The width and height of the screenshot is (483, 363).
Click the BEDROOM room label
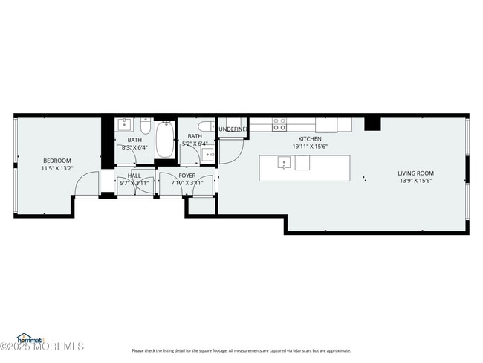56,161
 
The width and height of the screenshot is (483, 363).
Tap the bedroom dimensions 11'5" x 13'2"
56,168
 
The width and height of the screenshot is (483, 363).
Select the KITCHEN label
310,139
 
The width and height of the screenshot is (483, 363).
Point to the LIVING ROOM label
415,173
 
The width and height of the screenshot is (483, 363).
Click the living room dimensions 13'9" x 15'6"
415,181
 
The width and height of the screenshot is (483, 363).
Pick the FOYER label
187,176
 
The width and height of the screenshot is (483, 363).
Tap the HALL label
134,176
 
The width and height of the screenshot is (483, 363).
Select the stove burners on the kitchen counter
279,124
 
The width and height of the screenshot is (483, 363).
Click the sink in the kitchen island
283,163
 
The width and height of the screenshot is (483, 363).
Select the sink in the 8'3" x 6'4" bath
125,123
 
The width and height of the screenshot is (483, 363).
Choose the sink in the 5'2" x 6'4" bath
208,154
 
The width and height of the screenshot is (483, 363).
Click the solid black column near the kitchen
372,123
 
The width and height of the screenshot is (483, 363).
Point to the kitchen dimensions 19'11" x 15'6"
310,147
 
